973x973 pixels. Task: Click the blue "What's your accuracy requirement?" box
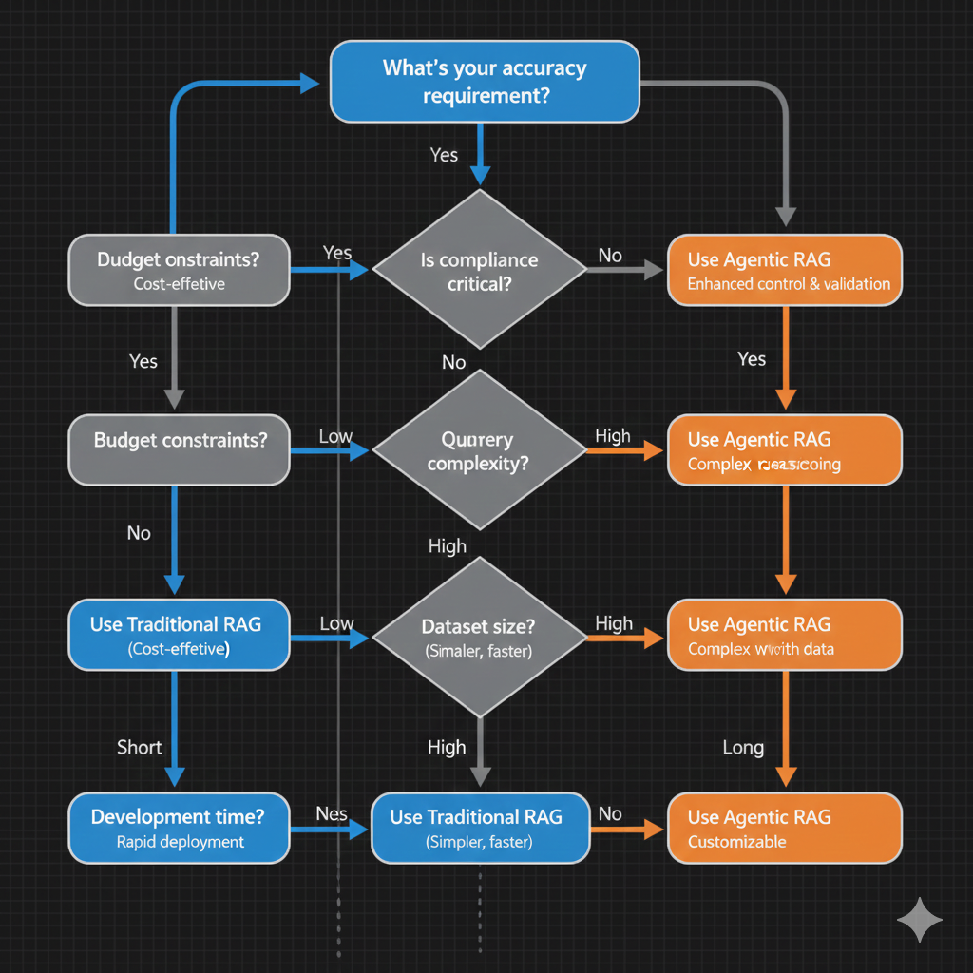coord(485,82)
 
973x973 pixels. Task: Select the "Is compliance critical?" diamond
coord(480,271)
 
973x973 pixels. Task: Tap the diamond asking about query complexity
coord(480,450)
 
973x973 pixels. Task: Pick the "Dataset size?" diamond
coord(480,638)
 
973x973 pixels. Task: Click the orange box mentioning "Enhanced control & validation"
coord(784,270)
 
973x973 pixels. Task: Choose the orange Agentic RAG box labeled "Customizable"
coord(784,828)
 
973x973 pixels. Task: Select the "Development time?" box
coord(179,828)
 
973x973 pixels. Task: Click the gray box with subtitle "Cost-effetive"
coord(179,270)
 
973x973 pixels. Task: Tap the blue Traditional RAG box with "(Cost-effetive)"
coord(179,636)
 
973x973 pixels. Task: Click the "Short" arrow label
coord(139,747)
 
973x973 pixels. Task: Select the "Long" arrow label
coord(743,748)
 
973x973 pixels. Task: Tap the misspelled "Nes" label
coord(331,813)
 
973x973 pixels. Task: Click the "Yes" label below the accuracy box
coord(444,155)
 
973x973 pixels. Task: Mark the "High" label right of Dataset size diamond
coord(614,623)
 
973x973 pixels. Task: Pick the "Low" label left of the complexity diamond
coord(335,437)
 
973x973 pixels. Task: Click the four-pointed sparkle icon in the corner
coord(920,919)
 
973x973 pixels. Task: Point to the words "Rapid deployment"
coord(180,842)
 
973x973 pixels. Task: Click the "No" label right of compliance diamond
coord(610,255)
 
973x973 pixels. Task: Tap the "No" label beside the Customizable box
coord(610,813)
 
